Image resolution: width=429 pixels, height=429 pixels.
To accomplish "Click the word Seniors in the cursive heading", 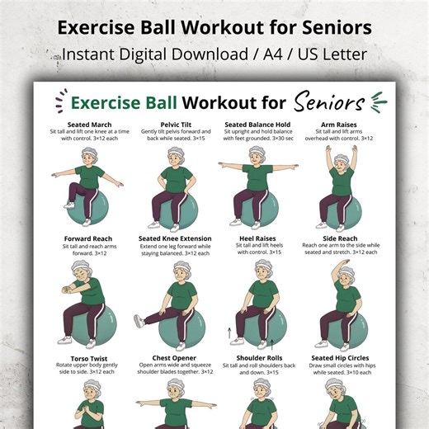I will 329,104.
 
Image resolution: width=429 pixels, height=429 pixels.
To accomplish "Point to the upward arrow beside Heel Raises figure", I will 229,333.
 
